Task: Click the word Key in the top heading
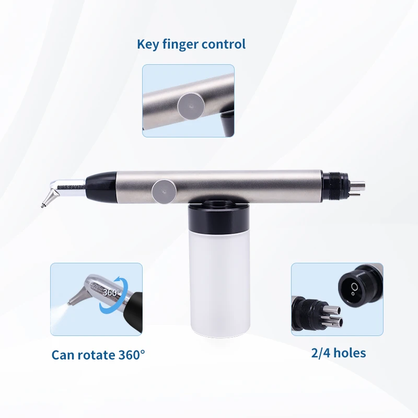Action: point(148,44)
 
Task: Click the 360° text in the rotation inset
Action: point(111,292)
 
